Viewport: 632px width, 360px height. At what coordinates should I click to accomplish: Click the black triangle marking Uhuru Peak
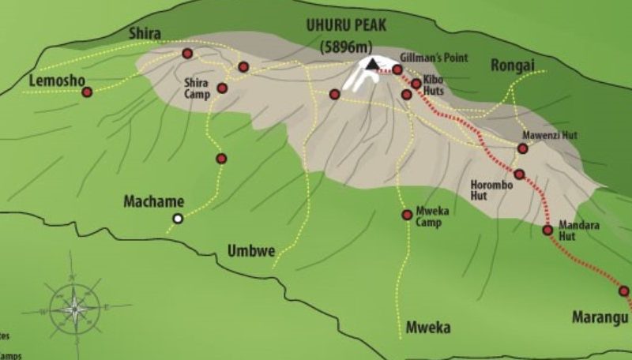372,64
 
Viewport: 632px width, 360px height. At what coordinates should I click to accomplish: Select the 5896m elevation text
345,47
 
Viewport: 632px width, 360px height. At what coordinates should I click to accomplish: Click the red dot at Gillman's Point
397,69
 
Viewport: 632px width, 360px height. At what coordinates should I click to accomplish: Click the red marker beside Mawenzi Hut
522,148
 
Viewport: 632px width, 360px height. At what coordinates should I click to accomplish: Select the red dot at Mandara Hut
547,231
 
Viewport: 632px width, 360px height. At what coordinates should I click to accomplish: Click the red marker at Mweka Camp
407,215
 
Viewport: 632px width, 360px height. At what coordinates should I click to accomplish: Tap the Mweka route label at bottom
427,327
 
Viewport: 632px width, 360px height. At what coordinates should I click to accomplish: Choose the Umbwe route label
251,252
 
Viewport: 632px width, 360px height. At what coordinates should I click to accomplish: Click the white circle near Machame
179,219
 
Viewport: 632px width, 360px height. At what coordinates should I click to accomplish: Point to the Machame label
153,201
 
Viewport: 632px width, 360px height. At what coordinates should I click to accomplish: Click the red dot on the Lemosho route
87,92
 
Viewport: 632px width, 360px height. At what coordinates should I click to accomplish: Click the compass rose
75,307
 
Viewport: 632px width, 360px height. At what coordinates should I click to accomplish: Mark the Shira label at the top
145,33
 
